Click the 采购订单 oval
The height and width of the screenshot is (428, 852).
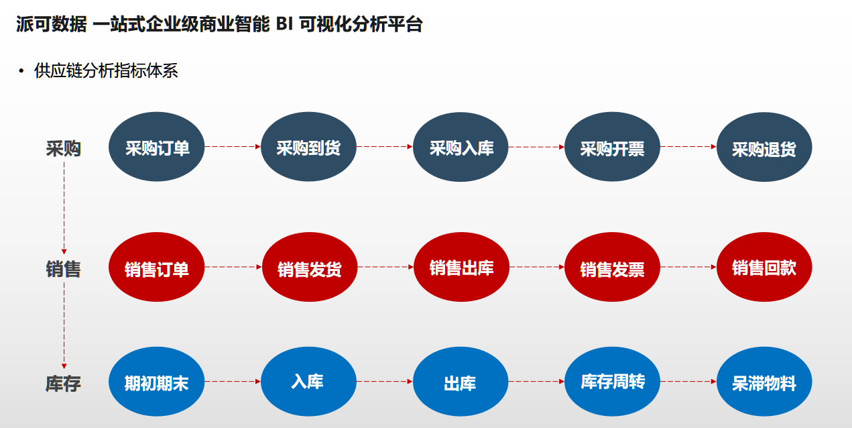tap(156, 147)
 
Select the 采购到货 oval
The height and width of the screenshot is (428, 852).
tap(308, 147)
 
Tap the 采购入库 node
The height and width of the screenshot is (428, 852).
tap(461, 147)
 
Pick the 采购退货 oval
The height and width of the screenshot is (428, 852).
tap(764, 147)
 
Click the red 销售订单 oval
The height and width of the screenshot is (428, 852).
tap(156, 267)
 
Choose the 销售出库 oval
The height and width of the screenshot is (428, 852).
tap(461, 267)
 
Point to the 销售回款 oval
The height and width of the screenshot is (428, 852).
tap(764, 267)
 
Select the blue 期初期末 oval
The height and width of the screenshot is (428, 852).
tap(156, 381)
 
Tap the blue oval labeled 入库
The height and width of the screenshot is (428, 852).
tap(308, 381)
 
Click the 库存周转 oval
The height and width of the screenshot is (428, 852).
tap(613, 381)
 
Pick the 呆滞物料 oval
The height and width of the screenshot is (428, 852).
tap(764, 381)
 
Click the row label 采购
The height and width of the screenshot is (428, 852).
tap(63, 148)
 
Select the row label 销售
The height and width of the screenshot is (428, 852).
tap(63, 269)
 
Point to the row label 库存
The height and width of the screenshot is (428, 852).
tap(63, 384)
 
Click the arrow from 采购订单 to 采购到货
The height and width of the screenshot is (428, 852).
tap(233, 147)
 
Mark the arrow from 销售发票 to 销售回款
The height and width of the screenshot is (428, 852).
tap(688, 267)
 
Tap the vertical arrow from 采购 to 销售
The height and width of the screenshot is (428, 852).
tap(64, 208)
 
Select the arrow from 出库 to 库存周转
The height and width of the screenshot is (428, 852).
tap(536, 381)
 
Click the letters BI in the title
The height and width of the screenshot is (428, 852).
tap(284, 24)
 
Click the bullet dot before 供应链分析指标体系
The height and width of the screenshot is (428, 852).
tap(21, 71)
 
